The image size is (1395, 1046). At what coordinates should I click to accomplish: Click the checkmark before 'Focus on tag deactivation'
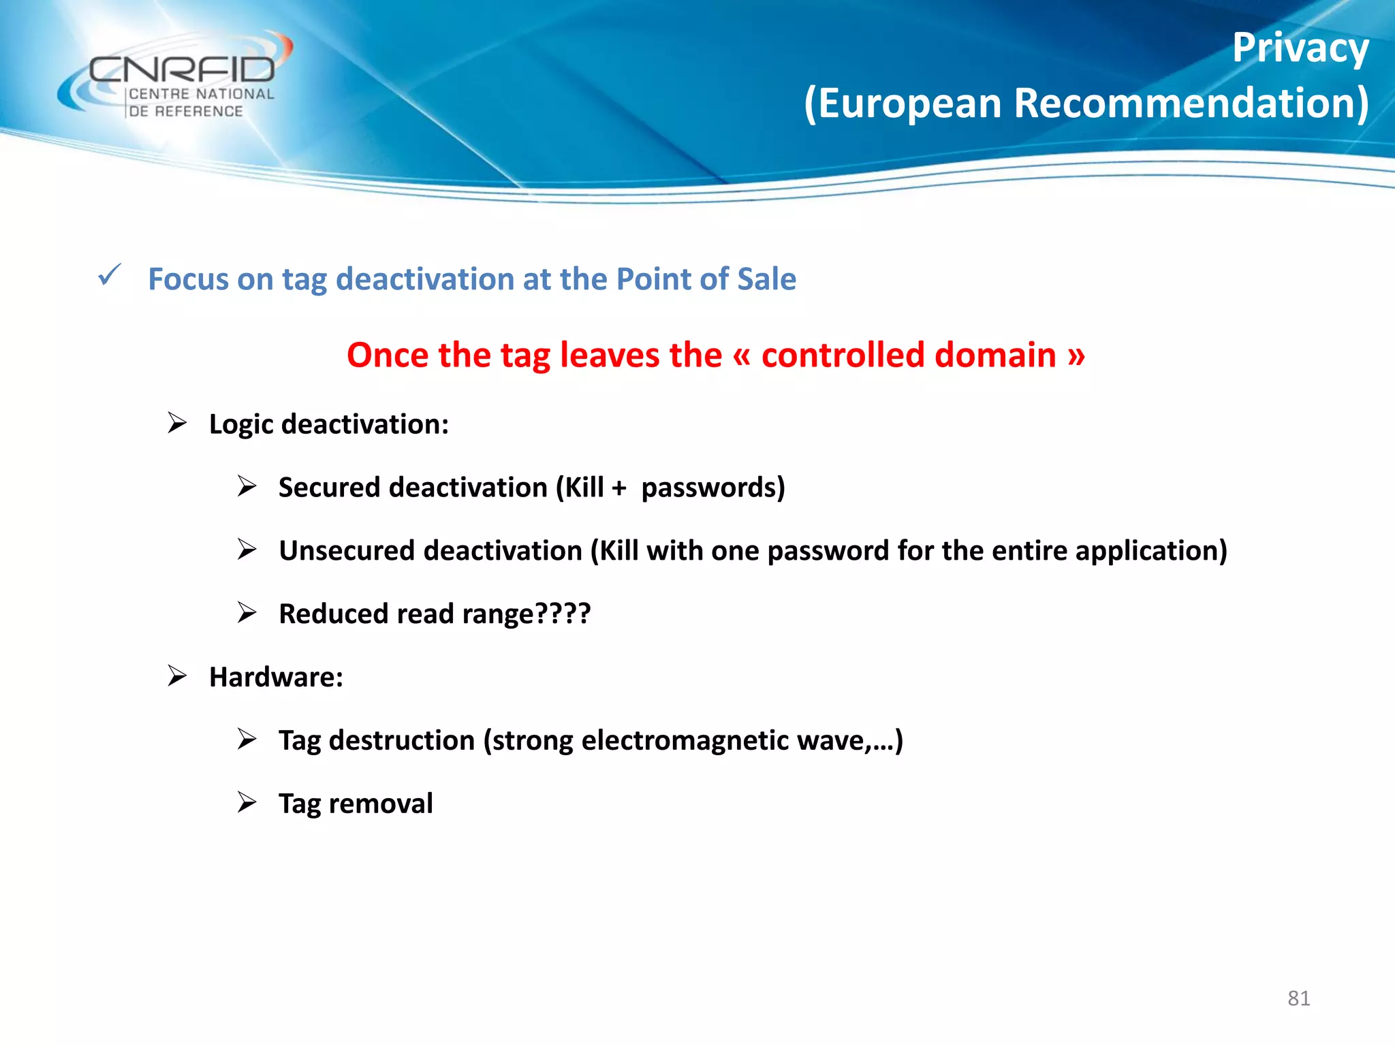[x=109, y=275]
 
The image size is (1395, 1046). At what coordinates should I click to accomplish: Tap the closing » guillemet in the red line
[x=1076, y=355]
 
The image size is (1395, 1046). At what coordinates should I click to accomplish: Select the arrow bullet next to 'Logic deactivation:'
[x=177, y=423]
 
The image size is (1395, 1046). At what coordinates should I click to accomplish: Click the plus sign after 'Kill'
[x=618, y=488]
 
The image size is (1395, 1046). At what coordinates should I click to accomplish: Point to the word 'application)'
[x=1151, y=551]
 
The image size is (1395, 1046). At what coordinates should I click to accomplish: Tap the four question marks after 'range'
[x=563, y=614]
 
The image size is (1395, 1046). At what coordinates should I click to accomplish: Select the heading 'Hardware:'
[x=276, y=677]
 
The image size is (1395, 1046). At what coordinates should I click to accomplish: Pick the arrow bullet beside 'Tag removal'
[x=247, y=802]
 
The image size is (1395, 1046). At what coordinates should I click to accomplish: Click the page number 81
[x=1298, y=998]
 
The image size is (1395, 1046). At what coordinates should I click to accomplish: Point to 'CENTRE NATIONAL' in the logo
[x=202, y=94]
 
